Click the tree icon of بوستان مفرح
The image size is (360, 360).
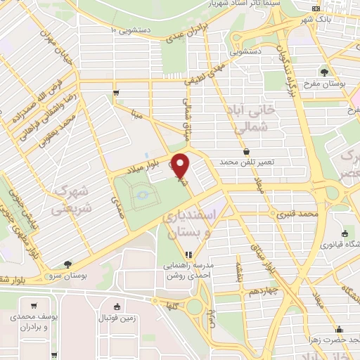324,72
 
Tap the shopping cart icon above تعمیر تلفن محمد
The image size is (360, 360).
245,151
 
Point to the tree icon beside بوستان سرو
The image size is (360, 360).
67,264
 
